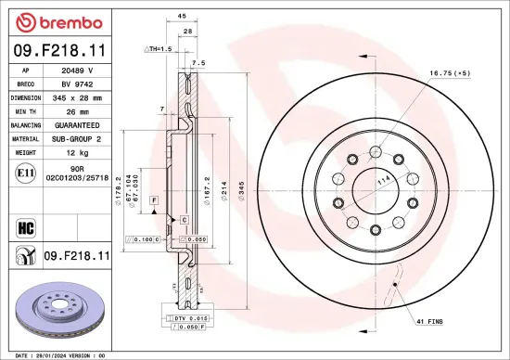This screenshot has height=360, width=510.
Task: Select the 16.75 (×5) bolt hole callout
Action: tap(450, 72)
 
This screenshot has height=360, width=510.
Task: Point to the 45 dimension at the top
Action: tap(182, 16)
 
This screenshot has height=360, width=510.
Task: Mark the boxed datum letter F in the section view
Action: tap(154, 200)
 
